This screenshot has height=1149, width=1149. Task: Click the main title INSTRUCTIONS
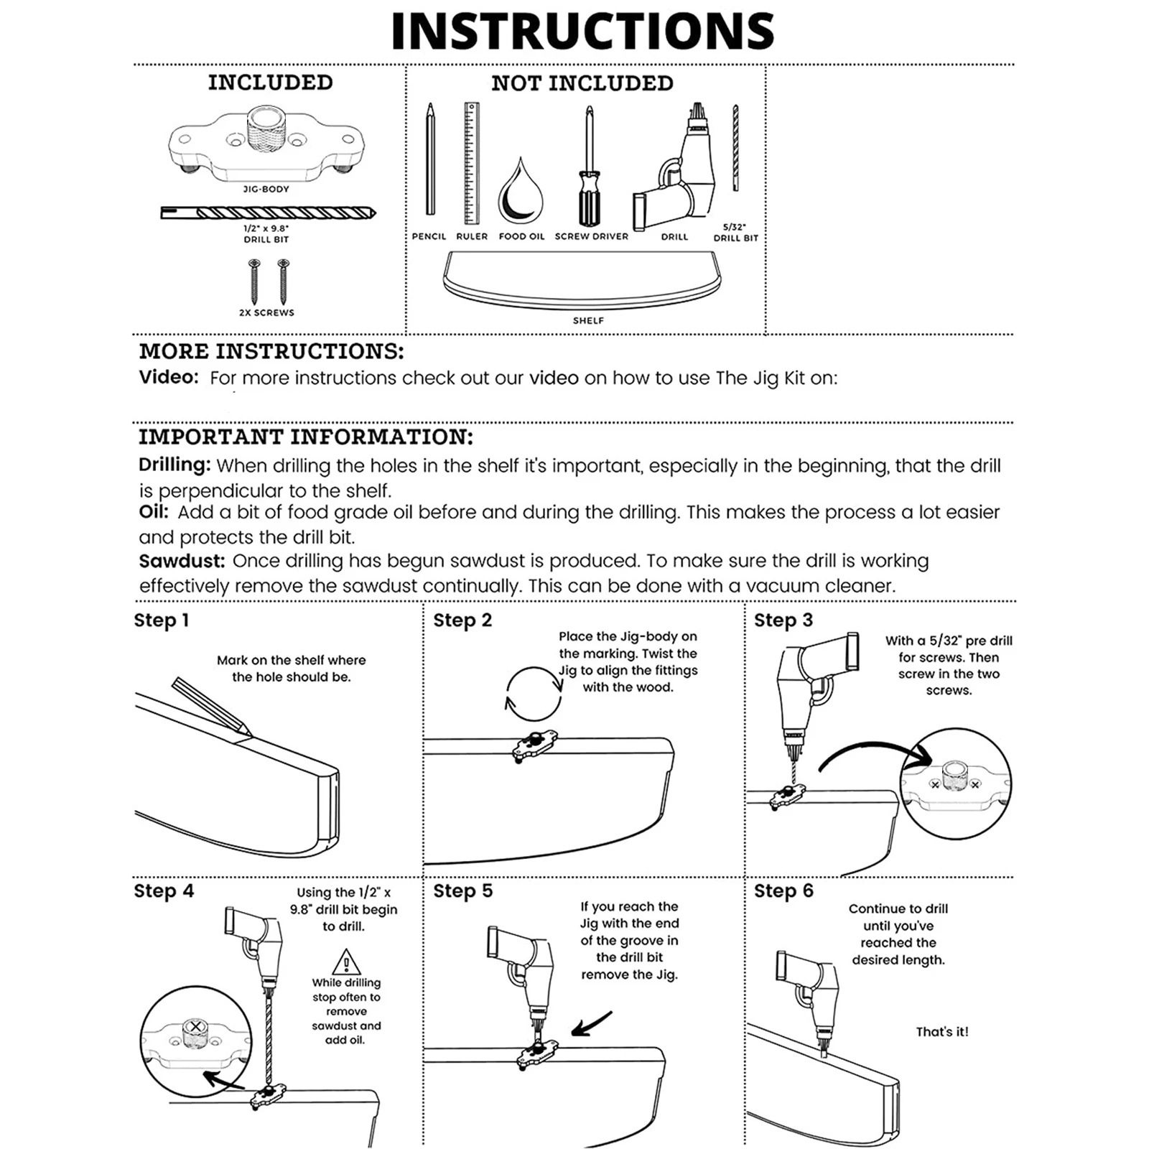[582, 31]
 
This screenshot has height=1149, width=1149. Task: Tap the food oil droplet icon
[521, 194]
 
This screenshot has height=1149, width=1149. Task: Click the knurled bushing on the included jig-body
[266, 129]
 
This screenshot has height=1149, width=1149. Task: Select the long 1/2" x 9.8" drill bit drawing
[268, 213]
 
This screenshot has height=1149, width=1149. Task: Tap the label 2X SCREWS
[266, 312]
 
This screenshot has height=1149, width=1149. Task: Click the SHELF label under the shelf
[588, 320]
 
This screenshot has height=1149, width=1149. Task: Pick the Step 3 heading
[783, 620]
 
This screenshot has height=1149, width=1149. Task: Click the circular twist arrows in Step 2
[534, 694]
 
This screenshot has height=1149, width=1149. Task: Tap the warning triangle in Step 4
[346, 962]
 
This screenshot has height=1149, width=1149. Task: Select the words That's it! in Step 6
[941, 1031]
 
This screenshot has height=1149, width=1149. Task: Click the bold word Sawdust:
[182, 561]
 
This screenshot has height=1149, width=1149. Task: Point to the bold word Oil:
[154, 512]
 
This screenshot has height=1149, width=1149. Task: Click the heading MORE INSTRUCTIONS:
[271, 351]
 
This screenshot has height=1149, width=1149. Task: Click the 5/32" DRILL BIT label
[735, 232]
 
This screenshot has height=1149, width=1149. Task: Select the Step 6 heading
[783, 890]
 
